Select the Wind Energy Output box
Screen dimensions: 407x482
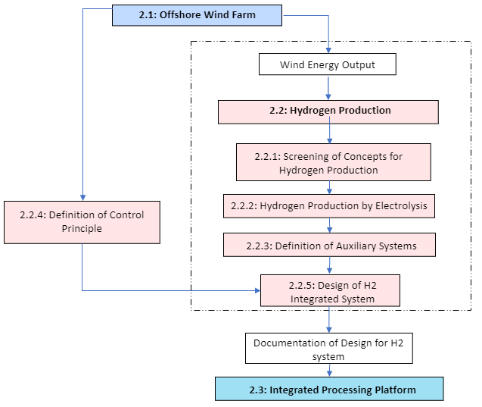click(328, 64)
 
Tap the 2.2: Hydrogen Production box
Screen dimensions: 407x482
click(329, 111)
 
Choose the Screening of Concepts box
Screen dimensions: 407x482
click(333, 163)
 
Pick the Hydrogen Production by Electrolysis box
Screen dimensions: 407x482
click(329, 206)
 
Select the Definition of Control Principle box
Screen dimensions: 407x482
click(82, 222)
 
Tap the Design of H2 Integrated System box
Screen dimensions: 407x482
click(330, 291)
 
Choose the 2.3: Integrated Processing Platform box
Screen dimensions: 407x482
click(329, 390)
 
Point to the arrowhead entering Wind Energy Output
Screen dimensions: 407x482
click(328, 49)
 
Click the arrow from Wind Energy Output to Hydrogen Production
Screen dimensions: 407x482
click(328, 88)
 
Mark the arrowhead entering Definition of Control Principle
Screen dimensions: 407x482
click(82, 196)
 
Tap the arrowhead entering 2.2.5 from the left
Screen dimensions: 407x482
click(256, 290)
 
